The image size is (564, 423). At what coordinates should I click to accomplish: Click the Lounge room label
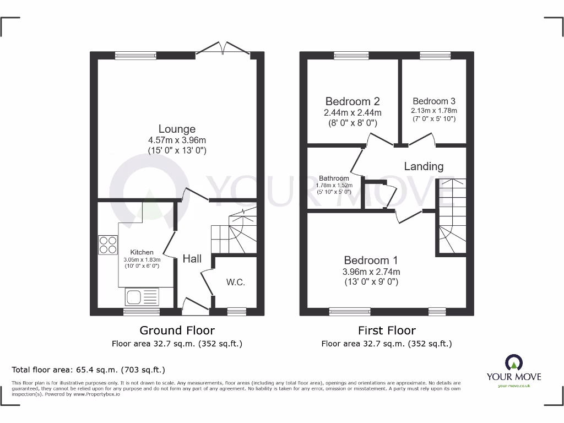[177, 129]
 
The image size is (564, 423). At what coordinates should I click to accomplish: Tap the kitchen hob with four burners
[108, 245]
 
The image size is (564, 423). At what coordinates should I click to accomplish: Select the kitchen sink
[142, 297]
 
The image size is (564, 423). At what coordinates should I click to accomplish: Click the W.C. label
[235, 282]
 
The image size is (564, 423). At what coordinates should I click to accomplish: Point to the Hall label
[192, 258]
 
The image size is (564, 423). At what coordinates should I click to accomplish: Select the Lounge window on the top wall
[135, 55]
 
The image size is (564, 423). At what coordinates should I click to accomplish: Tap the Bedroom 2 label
[352, 101]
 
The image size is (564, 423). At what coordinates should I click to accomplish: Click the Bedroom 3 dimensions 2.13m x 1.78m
[434, 110]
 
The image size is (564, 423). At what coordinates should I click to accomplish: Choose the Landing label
[424, 166]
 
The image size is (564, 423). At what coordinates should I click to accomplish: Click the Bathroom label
[334, 178]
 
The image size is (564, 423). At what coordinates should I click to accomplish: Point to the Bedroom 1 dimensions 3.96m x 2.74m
[371, 272]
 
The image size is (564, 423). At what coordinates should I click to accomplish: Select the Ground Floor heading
[177, 330]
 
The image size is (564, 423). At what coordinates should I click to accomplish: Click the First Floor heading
[387, 330]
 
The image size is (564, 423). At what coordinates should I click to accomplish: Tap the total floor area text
[89, 370]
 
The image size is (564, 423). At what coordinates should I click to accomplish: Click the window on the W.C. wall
[237, 312]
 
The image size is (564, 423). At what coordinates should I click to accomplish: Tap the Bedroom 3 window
[435, 55]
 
